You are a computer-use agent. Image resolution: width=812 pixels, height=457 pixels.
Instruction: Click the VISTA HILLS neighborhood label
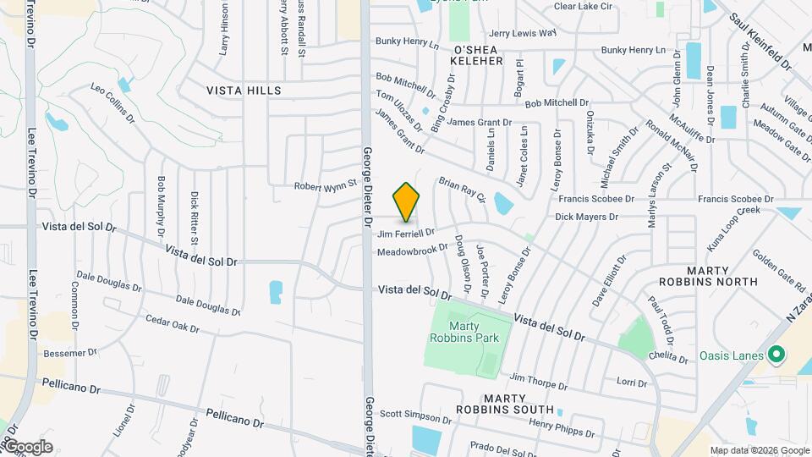point(244,90)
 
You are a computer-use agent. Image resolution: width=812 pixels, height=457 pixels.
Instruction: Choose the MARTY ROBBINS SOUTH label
point(506,404)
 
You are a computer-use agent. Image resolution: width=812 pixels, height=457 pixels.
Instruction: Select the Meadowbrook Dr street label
point(412,250)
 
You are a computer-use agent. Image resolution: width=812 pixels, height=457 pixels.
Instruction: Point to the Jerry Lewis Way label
point(523,33)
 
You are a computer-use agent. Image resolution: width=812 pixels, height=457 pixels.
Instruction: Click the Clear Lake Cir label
point(582,6)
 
